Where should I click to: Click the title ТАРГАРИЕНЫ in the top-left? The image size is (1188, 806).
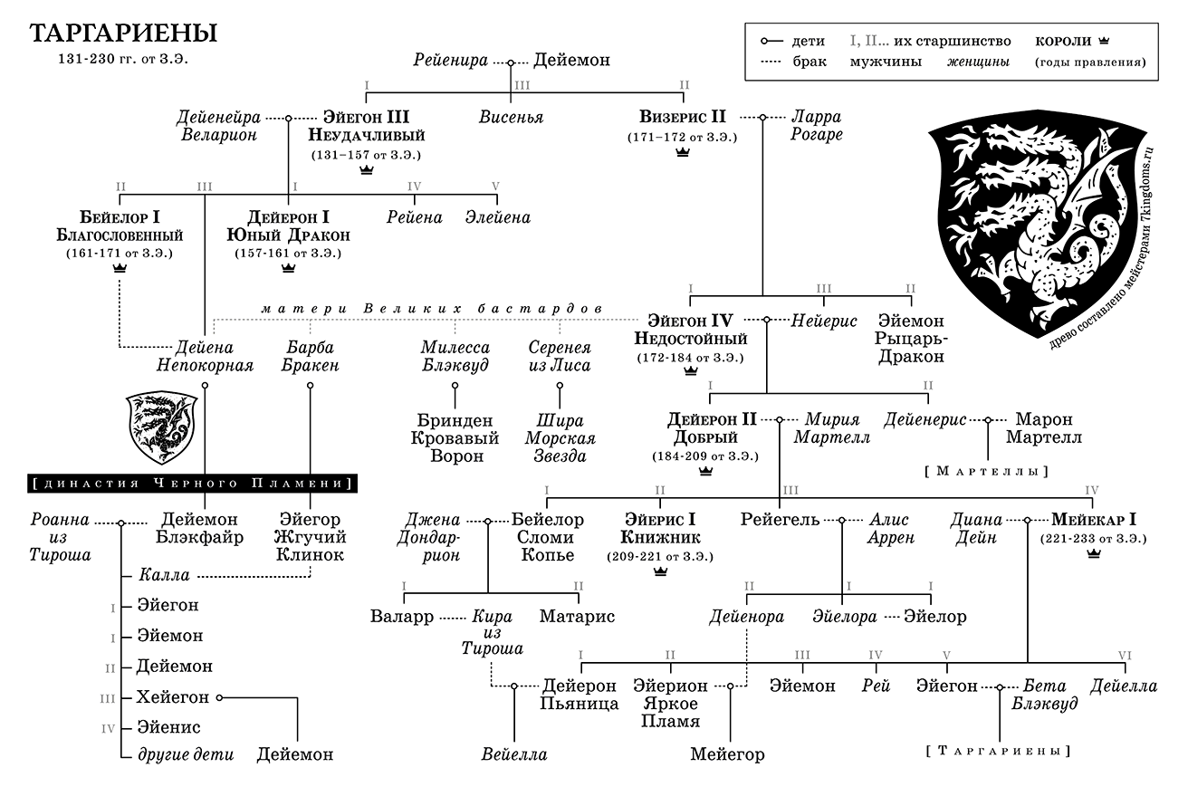123,34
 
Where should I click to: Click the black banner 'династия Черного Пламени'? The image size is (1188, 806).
192,484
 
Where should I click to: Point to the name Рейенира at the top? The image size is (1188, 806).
450,62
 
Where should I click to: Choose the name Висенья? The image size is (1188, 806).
511,118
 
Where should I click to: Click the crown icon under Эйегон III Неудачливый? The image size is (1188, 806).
367,170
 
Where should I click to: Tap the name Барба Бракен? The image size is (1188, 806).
311,357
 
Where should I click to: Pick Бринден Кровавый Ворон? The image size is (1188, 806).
455,438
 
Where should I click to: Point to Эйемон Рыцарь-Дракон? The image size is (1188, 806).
911,339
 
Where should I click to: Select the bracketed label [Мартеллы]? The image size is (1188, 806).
986,472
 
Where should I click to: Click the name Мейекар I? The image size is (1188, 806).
1094,520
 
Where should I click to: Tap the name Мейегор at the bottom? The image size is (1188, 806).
727,754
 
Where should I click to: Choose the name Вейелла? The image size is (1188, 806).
514,754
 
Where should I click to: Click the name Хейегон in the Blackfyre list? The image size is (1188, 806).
172,697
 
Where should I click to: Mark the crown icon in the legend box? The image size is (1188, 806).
1103,41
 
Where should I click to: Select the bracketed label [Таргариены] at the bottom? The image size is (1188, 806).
999,751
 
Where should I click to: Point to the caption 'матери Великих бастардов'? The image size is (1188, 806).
433,309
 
